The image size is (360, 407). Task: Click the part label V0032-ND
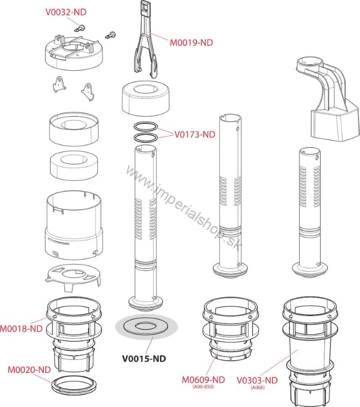pos(66,12)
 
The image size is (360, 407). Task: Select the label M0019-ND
pos(191,43)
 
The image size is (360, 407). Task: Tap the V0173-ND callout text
pos(195,134)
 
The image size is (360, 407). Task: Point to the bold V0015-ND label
pos(144,359)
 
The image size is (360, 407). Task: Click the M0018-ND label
pos(21,329)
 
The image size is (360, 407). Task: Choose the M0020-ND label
pos(29,370)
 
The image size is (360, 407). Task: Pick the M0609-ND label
pos(203,380)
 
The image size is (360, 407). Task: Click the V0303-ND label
pos(257,380)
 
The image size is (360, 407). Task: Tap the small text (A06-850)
pos(203,387)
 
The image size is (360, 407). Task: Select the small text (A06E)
pos(258,388)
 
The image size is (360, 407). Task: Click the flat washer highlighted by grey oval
pos(146,327)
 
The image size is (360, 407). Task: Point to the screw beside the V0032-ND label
pos(80,28)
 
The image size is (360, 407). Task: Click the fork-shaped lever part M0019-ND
pos(146,39)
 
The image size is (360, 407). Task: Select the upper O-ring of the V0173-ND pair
pos(146,127)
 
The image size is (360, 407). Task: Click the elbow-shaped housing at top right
pos(328,99)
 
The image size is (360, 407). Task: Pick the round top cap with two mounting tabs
pos(74,53)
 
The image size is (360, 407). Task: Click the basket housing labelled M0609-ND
pos(231,329)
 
